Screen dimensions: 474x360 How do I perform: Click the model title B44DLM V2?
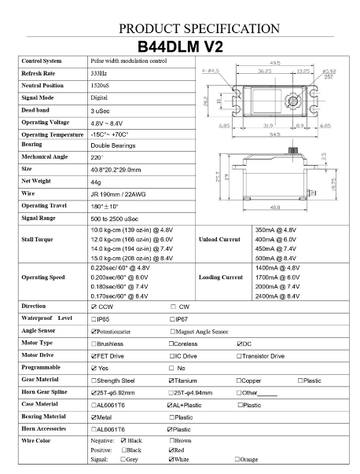click(x=179, y=46)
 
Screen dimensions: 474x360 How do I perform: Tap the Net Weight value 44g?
click(x=97, y=182)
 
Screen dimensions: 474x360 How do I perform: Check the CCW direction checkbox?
click(x=94, y=307)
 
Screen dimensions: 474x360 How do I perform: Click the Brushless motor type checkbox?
click(x=94, y=344)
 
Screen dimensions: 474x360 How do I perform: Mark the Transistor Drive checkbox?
click(x=240, y=356)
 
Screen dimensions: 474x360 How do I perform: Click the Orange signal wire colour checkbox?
click(x=237, y=459)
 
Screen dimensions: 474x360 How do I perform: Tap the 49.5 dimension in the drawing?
click(x=275, y=63)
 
